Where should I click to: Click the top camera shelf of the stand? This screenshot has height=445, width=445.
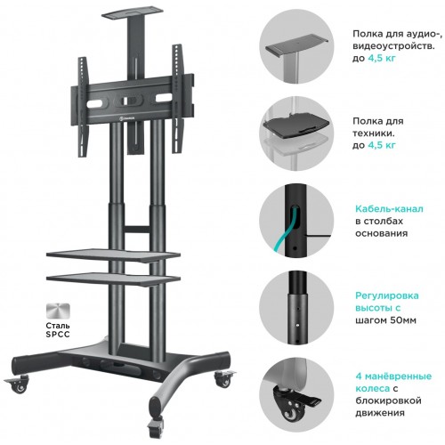click(x=133, y=14)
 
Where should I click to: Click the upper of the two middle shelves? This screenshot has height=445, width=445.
click(x=113, y=255)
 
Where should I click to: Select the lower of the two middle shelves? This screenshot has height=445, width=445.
click(x=113, y=279)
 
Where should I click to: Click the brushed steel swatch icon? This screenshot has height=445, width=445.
click(x=58, y=311)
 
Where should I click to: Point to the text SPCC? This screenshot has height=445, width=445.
click(x=58, y=335)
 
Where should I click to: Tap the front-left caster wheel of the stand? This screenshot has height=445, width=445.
click(x=20, y=384)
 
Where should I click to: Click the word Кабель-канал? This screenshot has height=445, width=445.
click(x=389, y=209)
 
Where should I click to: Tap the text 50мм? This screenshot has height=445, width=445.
click(x=400, y=320)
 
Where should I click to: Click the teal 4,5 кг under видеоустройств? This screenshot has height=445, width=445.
click(x=382, y=58)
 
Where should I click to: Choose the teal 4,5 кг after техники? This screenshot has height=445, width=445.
click(x=382, y=145)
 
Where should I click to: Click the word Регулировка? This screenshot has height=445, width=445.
click(x=387, y=296)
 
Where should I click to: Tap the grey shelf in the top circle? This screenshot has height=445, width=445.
click(x=296, y=44)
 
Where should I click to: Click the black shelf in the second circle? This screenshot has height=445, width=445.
click(x=296, y=124)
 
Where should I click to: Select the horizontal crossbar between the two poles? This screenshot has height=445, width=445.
click(x=137, y=230)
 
